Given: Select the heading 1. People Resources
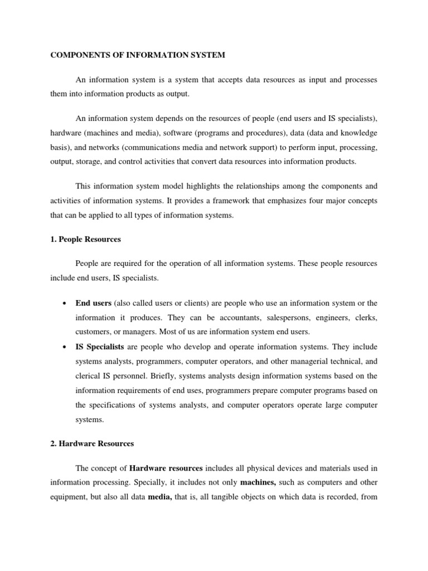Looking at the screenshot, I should (x=85, y=239).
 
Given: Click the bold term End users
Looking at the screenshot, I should (x=94, y=303).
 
